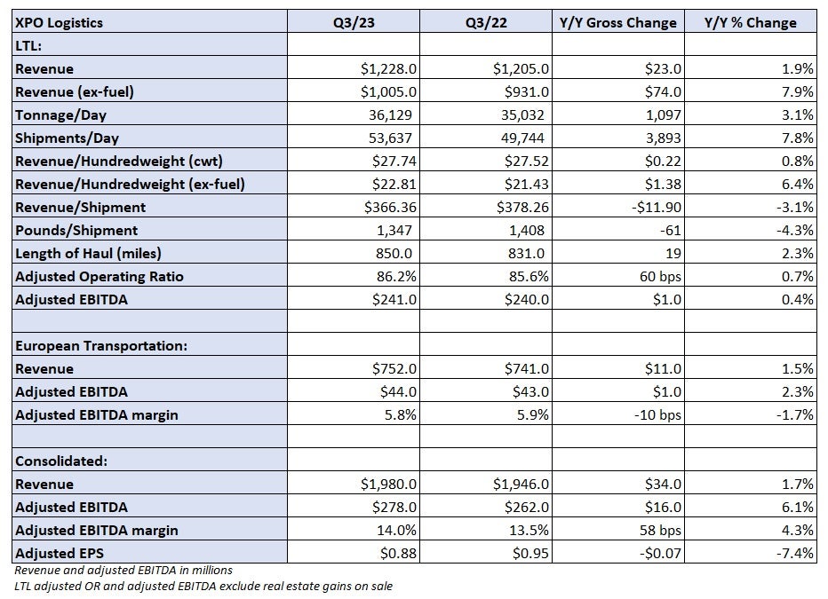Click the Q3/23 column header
[x=354, y=23]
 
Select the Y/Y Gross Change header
[x=617, y=23]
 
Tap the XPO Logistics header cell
[x=60, y=23]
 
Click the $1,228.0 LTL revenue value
[x=388, y=68]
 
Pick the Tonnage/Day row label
[x=60, y=115]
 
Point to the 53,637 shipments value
[x=390, y=138]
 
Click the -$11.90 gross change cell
[x=657, y=208]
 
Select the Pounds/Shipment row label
[x=76, y=231]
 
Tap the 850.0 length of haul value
[x=394, y=254]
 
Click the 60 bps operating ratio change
[x=660, y=276]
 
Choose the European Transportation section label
[x=101, y=346]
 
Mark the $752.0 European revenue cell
[x=394, y=368]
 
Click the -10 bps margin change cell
[x=657, y=415]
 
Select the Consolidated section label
[x=61, y=461]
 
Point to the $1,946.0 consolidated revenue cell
[x=521, y=484]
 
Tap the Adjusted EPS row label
[x=60, y=553]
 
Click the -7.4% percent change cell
[x=794, y=553]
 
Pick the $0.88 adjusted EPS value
[x=398, y=553]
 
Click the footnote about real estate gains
[x=203, y=586]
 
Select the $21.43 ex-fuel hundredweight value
[x=527, y=184]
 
